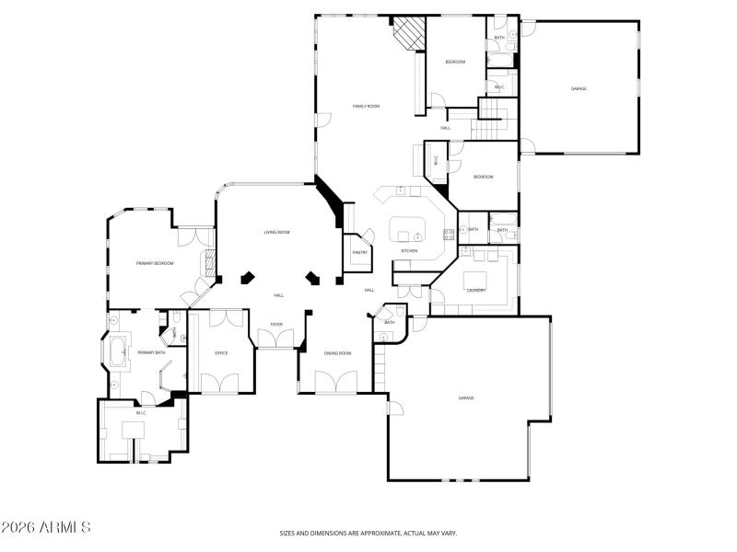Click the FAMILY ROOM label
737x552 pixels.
[366, 106]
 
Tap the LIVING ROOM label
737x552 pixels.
[277, 232]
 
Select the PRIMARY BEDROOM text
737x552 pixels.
[155, 263]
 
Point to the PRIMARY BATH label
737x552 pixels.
[151, 352]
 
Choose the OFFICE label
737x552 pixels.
[221, 352]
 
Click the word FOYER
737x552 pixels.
[276, 324]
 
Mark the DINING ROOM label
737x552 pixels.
[337, 353]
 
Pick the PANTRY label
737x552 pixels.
[359, 252]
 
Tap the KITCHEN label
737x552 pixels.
[409, 250]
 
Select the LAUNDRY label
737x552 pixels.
[476, 290]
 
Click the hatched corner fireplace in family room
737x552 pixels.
[408, 35]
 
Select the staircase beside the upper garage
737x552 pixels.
[492, 111]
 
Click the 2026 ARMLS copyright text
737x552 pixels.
[46, 528]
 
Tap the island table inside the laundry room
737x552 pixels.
[475, 279]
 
